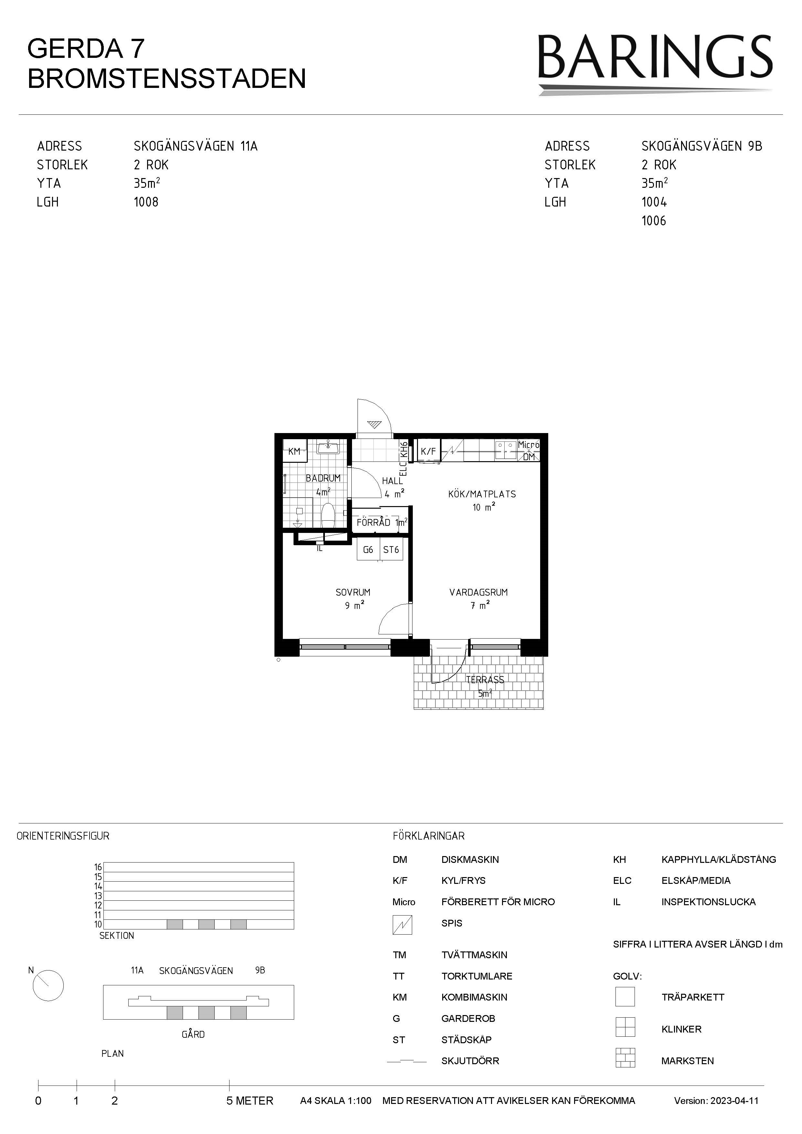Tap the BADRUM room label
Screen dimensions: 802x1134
323,478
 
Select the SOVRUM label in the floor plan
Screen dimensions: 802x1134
353,592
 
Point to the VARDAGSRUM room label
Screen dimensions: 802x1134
478,592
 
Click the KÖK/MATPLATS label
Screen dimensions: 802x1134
482,494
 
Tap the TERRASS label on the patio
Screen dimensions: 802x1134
485,680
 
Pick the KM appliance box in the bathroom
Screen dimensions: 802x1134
294,451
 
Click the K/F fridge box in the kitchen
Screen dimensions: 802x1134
428,451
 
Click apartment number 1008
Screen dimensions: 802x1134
146,202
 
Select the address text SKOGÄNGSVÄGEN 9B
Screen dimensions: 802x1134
702,146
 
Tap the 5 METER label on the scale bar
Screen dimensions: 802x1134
250,1101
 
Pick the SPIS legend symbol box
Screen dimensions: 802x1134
402,925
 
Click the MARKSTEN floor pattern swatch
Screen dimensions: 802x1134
625,1058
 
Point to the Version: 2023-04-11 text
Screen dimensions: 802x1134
716,1101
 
